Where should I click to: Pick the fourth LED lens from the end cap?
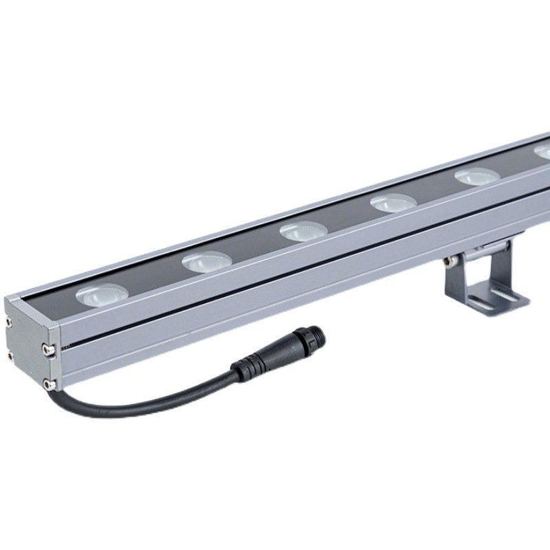point(393,203)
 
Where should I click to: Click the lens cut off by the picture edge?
point(543,153)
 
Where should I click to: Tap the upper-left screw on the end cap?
point(9,321)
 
